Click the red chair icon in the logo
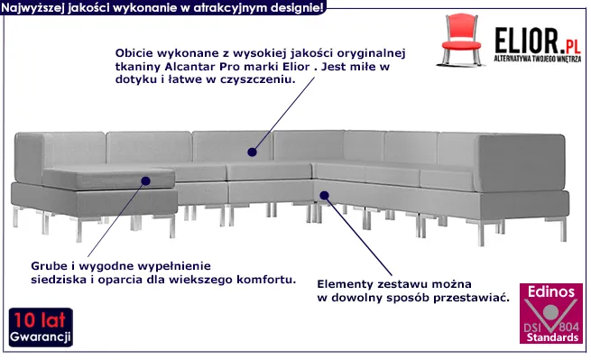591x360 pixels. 460,40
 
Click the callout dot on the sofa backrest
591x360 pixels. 252,152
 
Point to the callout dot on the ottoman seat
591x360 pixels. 146,181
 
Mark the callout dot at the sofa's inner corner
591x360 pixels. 324,195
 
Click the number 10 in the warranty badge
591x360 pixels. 24,320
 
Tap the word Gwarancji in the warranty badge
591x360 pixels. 41,337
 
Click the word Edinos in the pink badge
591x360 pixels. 550,291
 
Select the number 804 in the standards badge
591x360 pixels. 568,326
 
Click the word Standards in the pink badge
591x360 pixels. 552,337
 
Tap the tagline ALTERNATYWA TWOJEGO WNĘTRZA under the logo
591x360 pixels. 538,59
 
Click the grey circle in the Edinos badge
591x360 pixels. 550,312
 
